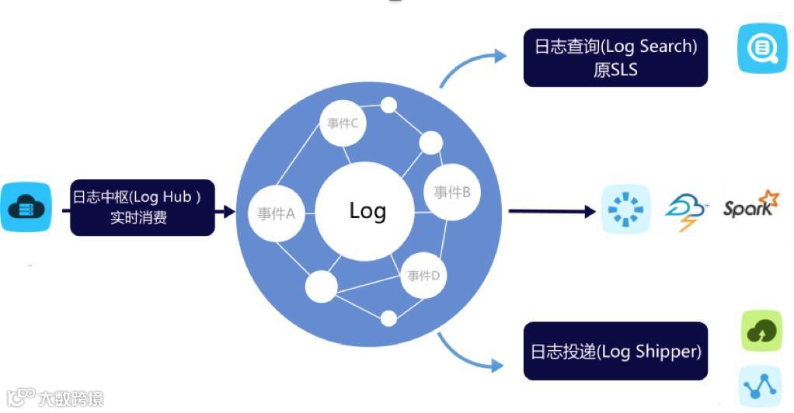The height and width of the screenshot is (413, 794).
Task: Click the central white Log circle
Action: click(367, 210)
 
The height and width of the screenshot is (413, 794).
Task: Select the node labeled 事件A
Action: click(277, 213)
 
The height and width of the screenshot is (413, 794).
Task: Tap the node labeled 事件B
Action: click(452, 193)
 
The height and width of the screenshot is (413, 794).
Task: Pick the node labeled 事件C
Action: click(343, 122)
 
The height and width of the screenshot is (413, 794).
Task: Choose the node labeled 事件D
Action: click(424, 275)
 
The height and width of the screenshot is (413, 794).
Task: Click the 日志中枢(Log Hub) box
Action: click(142, 206)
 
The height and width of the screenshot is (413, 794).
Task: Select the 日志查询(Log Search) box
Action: click(616, 57)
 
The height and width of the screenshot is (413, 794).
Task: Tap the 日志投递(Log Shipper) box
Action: click(616, 352)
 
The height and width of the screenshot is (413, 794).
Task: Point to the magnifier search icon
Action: click(762, 48)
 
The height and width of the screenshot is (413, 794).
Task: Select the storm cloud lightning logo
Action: click(687, 210)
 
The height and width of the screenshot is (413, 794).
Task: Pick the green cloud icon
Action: click(761, 331)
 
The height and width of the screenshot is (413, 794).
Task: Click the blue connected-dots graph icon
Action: click(761, 386)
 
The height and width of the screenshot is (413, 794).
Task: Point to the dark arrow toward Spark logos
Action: click(552, 210)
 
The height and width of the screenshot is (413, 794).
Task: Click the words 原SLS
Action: click(615, 69)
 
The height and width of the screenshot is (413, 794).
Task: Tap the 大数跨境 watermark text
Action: click(71, 400)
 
